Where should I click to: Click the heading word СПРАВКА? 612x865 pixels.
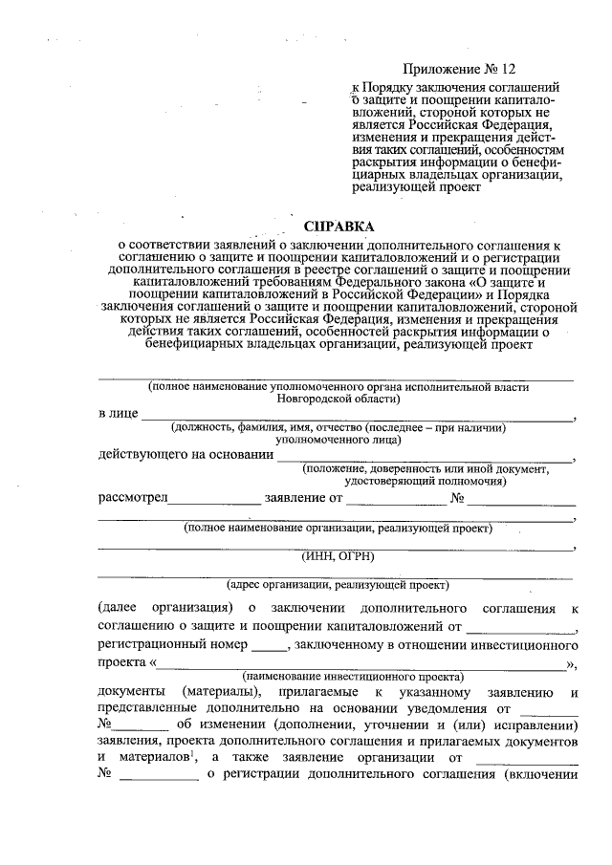(x=339, y=227)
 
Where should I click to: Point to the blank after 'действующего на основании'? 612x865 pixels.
(x=426, y=456)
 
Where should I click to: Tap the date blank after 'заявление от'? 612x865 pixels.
(x=395, y=498)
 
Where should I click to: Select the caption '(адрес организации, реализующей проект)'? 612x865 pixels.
(x=338, y=584)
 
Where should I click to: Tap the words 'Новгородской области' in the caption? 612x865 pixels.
(x=337, y=399)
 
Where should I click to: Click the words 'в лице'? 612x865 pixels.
(x=117, y=414)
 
